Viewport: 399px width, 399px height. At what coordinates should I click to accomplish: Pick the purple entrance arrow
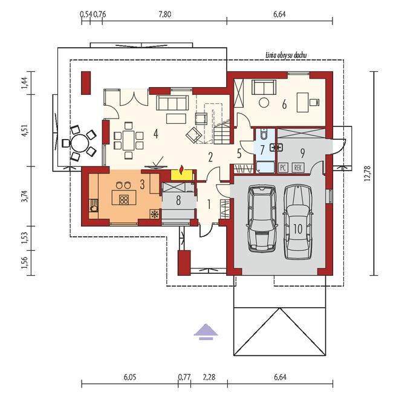coord(206,330)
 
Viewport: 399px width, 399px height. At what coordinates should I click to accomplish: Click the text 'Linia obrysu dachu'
coord(287,55)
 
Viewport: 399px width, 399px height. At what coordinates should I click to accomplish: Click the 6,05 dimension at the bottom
coord(129,377)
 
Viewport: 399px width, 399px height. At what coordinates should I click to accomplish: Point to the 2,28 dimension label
coord(209,377)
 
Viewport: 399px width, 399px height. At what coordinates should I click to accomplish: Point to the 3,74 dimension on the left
coord(25,197)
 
